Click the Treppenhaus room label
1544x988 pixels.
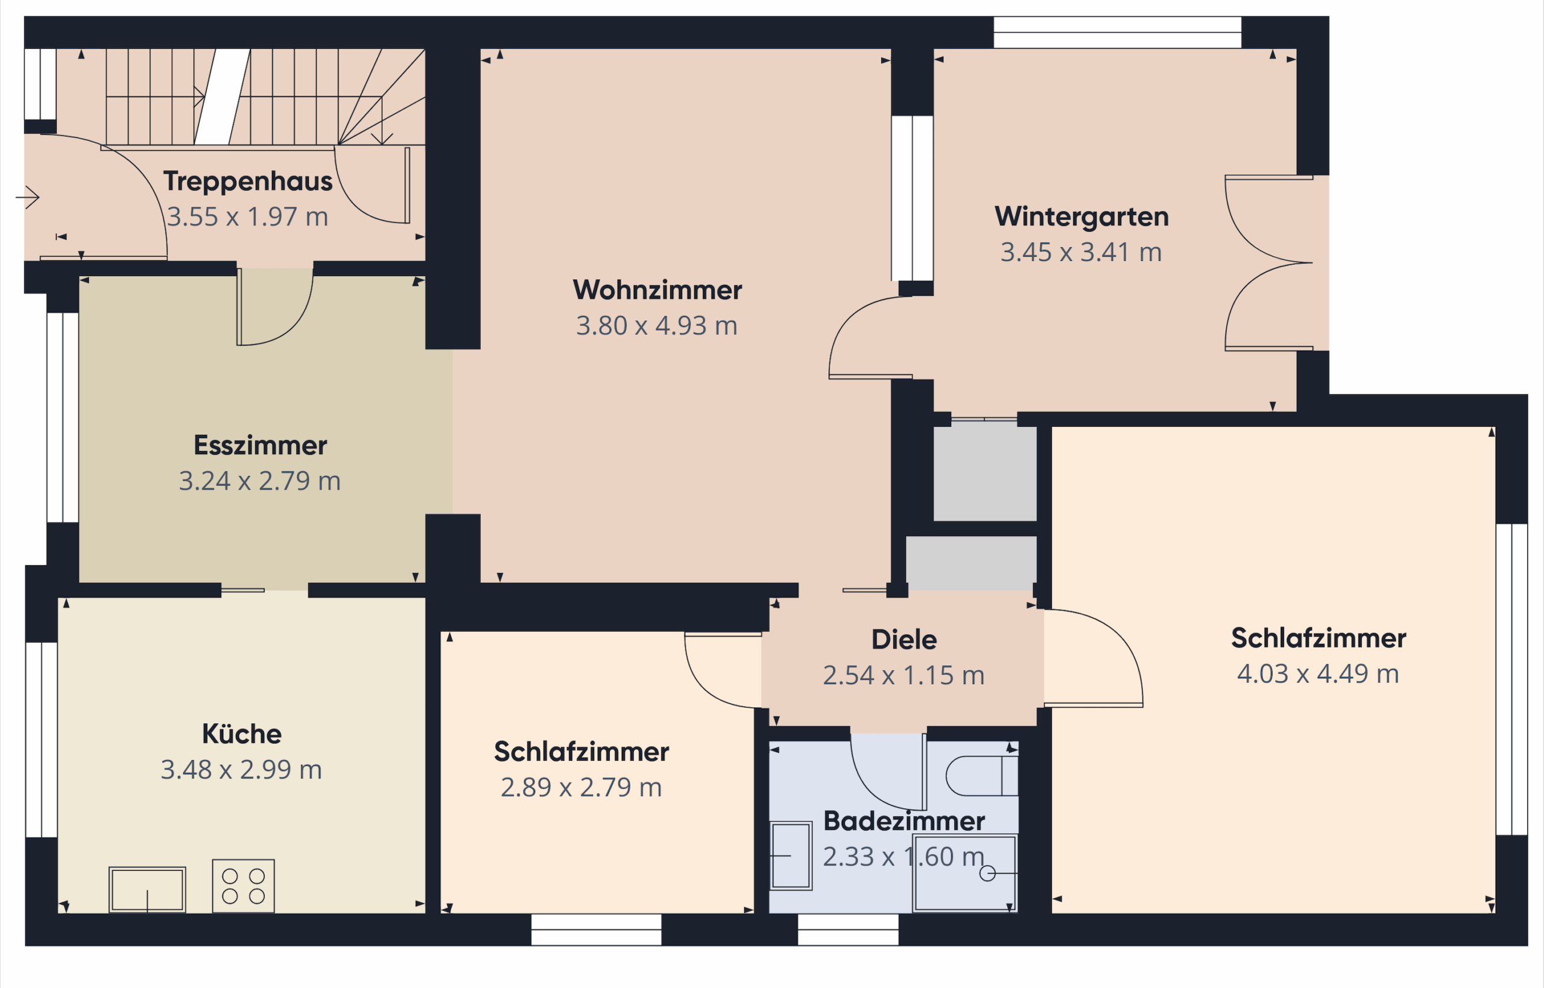tap(248, 181)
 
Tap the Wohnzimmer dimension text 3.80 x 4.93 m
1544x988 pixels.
tap(656, 326)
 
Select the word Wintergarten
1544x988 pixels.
tap(1081, 217)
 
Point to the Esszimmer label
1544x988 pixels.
tap(261, 445)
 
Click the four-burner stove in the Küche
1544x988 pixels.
tap(243, 886)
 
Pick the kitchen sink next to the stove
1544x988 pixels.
tap(147, 889)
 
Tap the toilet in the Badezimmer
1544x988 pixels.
tap(982, 776)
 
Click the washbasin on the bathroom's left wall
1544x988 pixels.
tap(791, 855)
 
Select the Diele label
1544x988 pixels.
tap(903, 640)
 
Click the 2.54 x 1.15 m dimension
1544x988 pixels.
tap(903, 676)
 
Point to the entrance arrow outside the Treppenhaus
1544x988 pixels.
tap(28, 197)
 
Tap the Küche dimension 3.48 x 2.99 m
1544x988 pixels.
tap(241, 770)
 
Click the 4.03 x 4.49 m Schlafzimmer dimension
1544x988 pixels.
tap(1318, 674)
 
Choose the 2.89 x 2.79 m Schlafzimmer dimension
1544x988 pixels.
tap(581, 787)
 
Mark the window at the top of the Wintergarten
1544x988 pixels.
tap(1117, 32)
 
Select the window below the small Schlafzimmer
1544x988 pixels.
tap(596, 930)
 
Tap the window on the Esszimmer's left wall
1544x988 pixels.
tap(63, 417)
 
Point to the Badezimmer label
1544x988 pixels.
tap(903, 821)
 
